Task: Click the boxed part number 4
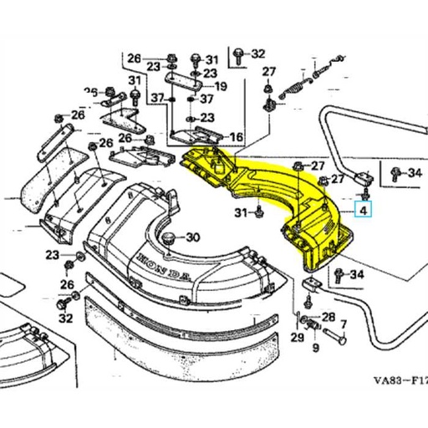click(362, 210)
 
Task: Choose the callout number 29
click(297, 336)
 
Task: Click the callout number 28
click(327, 316)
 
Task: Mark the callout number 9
click(315, 345)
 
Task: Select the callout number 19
click(221, 86)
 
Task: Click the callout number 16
click(235, 137)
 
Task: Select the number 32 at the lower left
click(65, 318)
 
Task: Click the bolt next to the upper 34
click(393, 173)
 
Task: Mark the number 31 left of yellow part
click(240, 213)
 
